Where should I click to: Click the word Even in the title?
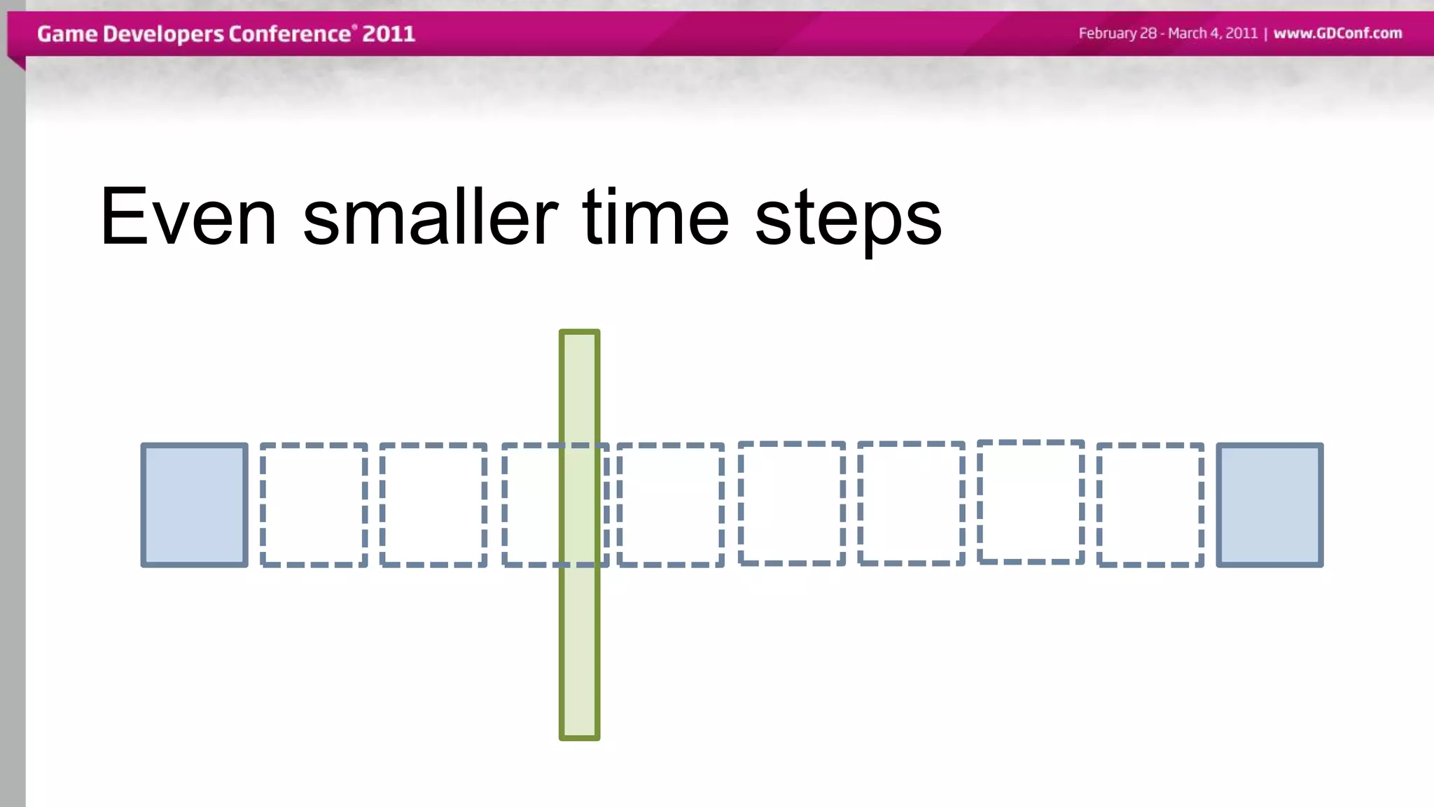pos(188,217)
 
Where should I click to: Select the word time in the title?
pos(655,217)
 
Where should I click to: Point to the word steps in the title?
pos(848,221)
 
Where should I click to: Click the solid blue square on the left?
pos(195,505)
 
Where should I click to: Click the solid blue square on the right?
pos(1269,505)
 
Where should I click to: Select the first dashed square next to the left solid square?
pos(314,505)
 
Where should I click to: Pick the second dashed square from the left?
pos(433,505)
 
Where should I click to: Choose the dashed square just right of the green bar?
pos(670,505)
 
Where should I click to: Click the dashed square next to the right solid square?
pos(1150,505)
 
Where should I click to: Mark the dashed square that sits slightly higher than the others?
pos(1031,502)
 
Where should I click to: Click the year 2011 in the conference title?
pos(389,34)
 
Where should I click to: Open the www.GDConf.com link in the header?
pos(1337,34)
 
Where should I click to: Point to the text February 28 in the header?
pos(1117,34)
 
